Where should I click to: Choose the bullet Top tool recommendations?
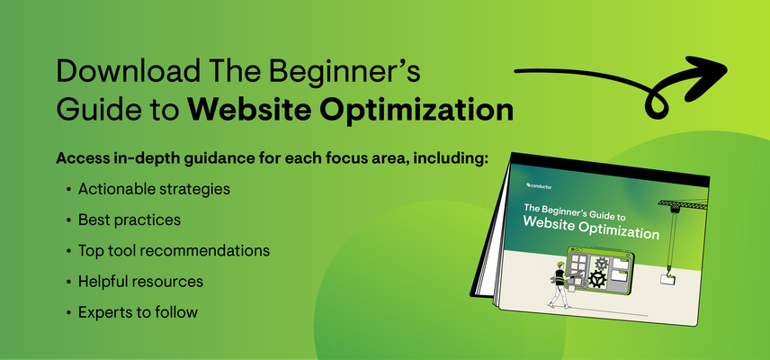point(174,250)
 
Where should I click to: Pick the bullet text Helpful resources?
point(140,281)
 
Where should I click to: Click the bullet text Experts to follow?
point(138,311)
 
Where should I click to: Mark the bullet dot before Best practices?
point(68,220)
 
